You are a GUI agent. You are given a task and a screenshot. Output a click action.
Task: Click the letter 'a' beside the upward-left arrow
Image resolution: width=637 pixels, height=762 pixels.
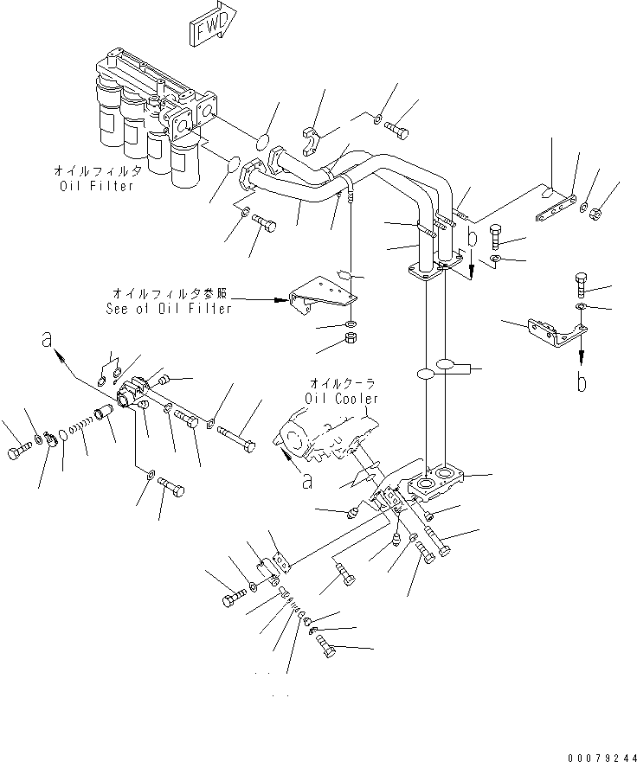(46, 341)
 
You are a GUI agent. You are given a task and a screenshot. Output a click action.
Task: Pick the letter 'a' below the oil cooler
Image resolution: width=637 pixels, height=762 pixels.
(306, 482)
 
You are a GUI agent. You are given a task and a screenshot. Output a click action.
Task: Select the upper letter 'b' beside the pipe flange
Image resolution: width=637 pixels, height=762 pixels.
(471, 235)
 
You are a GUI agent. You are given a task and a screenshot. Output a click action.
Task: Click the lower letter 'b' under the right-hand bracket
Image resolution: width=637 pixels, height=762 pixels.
(581, 381)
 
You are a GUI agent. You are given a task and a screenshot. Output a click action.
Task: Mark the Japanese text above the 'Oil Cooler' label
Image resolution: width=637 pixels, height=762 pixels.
(342, 383)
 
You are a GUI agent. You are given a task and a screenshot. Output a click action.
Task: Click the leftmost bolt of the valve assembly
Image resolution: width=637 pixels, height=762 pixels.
(18, 451)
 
